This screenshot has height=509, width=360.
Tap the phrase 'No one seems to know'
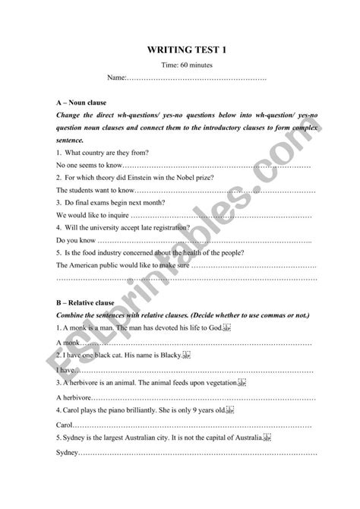click(89, 165)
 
